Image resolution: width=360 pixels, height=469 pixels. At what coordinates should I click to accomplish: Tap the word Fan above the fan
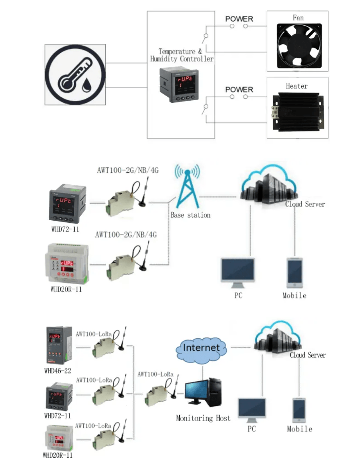[x=298, y=18]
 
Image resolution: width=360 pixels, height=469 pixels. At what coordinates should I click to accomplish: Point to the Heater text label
[x=296, y=86]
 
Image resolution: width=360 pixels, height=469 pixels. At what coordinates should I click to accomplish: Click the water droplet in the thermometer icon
[x=87, y=85]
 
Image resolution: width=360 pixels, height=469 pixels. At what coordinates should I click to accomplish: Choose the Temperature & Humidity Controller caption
[x=181, y=55]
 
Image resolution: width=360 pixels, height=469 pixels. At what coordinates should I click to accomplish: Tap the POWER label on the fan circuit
[x=239, y=19]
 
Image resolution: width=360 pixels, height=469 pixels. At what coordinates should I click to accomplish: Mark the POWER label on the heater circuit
[x=239, y=89]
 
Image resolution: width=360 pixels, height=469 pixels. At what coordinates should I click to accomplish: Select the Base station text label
[x=190, y=215]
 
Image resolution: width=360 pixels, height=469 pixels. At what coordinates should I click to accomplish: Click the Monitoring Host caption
[x=203, y=418]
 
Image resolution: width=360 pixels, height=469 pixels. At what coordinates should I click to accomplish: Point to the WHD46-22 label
[x=57, y=371]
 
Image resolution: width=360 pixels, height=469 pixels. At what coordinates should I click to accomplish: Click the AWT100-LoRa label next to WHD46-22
[x=94, y=334]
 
